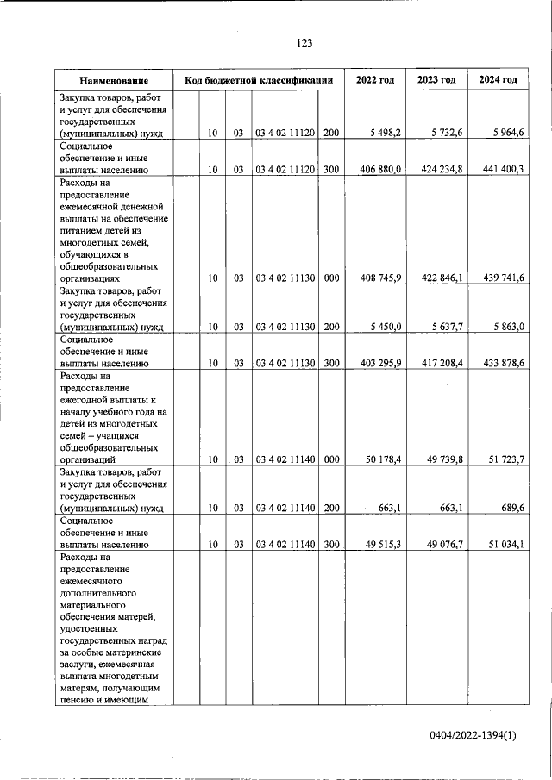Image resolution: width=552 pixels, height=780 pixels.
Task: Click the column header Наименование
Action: (113, 80)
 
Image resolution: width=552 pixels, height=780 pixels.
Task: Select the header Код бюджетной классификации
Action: (259, 80)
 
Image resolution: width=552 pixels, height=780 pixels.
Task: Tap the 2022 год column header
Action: (375, 80)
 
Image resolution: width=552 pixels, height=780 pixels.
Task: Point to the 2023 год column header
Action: (436, 80)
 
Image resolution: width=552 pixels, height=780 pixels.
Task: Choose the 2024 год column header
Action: (499, 80)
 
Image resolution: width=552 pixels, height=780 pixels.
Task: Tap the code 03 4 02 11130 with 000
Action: (285, 278)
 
